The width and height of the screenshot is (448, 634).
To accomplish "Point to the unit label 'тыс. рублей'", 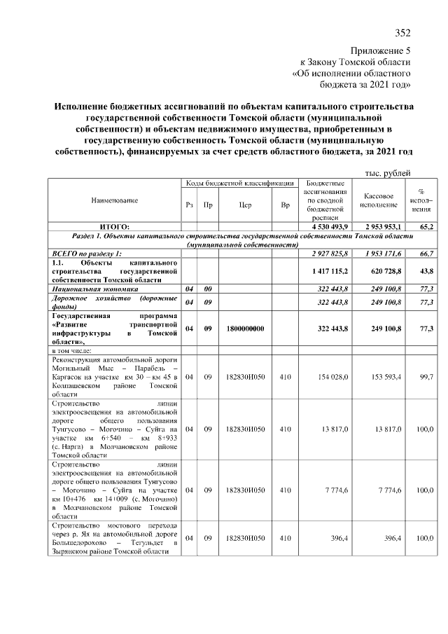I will pos(387,173).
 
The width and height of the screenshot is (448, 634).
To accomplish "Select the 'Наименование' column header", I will pos(114,200).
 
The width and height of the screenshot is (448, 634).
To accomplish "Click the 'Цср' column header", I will pos(245,205).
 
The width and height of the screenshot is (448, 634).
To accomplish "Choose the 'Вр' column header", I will pos(285,205).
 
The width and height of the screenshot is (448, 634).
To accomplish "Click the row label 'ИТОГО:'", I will pos(114,227).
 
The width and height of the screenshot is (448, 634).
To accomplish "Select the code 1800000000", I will pos(245,328).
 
